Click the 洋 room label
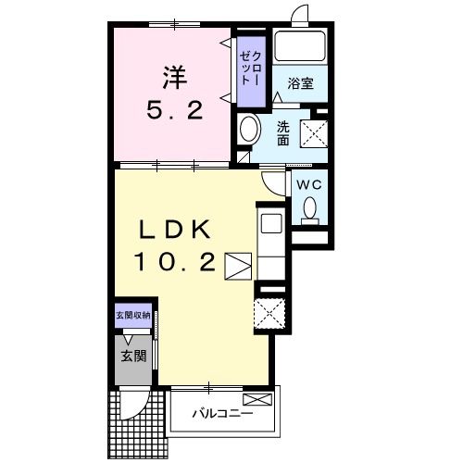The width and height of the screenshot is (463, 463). click(x=175, y=77)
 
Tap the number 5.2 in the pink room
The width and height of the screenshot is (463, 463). click(x=175, y=110)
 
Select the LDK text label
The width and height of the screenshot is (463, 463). click(x=175, y=230)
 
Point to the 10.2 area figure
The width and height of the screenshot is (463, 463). click(x=175, y=262)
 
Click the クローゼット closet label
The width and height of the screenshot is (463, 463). click(x=251, y=69)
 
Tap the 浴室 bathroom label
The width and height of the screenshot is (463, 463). click(x=300, y=83)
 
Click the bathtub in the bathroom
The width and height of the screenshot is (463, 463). click(x=300, y=46)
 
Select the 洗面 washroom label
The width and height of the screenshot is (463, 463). click(x=282, y=133)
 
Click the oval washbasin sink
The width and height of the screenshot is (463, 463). click(x=249, y=129)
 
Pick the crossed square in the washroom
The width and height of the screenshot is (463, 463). click(x=314, y=133)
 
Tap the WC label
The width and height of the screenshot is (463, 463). click(x=309, y=185)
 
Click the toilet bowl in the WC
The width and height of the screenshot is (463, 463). click(x=310, y=210)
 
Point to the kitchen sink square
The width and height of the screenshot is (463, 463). click(x=271, y=223)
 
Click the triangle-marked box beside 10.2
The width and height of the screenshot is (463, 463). click(x=238, y=267)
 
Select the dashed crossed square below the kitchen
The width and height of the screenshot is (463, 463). click(x=269, y=314)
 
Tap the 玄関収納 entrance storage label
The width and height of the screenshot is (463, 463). click(x=133, y=316)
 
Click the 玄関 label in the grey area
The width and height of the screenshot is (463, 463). click(x=133, y=356)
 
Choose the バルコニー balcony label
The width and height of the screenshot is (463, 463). click(x=223, y=413)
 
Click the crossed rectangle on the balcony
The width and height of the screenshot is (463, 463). click(x=257, y=400)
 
